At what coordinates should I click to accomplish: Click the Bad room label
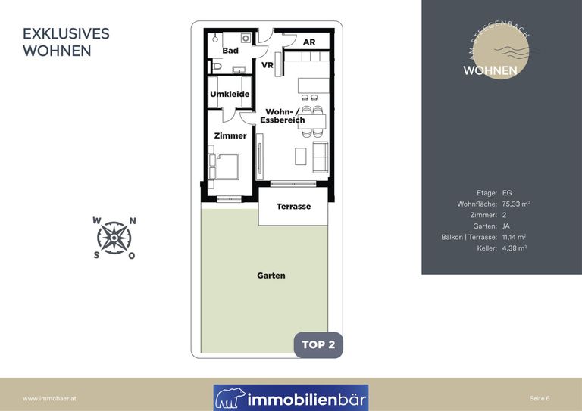(x=230, y=51)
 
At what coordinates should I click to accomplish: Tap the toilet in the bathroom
(x=217, y=67)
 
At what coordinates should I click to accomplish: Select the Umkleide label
(x=230, y=94)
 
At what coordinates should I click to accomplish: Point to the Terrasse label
(x=293, y=207)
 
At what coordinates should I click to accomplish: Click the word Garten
(x=271, y=276)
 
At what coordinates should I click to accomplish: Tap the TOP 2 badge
(x=318, y=344)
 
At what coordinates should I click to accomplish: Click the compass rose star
(x=114, y=238)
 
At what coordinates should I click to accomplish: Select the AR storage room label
(x=309, y=42)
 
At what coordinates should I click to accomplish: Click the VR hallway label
(x=268, y=65)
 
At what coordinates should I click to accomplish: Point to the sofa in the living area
(x=321, y=157)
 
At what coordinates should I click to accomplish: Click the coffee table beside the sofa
(x=301, y=156)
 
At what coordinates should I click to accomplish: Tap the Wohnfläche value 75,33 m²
(x=516, y=204)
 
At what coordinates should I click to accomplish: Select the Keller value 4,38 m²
(x=515, y=248)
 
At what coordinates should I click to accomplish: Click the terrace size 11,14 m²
(x=514, y=237)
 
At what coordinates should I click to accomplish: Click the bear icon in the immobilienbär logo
(x=230, y=398)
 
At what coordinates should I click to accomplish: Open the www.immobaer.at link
(x=49, y=399)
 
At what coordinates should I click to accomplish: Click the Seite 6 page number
(x=540, y=398)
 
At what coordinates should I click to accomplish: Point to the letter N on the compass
(x=133, y=221)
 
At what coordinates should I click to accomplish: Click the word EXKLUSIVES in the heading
(x=66, y=34)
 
